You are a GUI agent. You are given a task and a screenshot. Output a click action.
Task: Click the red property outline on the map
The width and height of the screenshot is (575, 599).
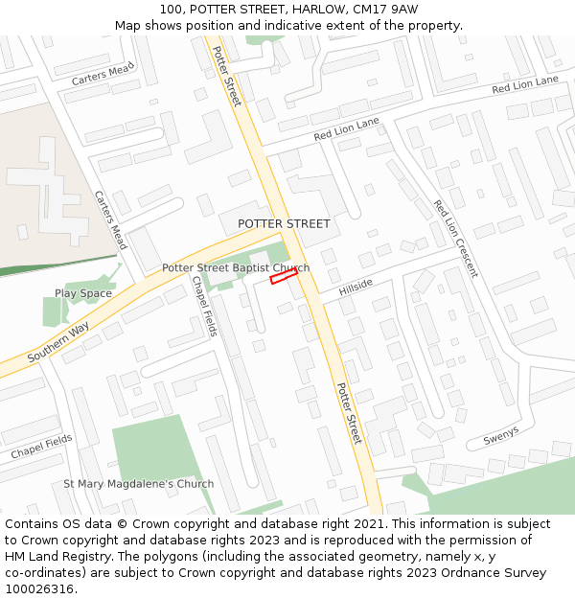coord(284,276)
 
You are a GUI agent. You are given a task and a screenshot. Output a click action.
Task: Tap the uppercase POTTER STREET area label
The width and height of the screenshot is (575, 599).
coord(284,223)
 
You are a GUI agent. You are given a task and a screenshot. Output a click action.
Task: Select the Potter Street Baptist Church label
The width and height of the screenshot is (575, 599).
coord(236,268)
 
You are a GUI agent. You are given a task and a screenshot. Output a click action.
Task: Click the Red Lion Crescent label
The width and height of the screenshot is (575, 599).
coord(454,239)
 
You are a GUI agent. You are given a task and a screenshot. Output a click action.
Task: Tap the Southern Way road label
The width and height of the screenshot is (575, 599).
coord(58,342)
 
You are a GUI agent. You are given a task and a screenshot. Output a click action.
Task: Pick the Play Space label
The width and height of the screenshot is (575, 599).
coord(83,293)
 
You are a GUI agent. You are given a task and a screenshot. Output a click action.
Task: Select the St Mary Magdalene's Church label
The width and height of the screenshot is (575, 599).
coord(139,484)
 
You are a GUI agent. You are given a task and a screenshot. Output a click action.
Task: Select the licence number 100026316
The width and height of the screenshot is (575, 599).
coord(41,589)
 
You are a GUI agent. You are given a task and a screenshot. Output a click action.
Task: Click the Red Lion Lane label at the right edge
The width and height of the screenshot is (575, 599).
coord(524,86)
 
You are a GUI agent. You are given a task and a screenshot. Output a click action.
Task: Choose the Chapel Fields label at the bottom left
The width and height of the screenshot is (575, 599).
coord(41,446)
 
